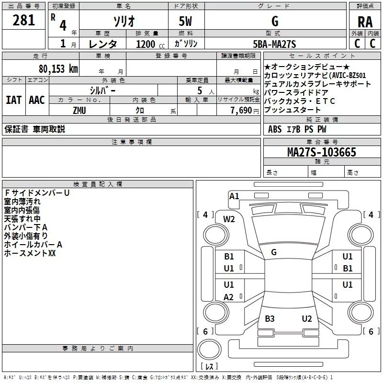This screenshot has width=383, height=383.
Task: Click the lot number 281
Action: click(23, 20)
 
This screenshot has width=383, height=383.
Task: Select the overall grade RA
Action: click(365, 22)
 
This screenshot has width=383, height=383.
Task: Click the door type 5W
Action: click(186, 22)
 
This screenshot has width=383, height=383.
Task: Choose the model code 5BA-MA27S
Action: click(274, 44)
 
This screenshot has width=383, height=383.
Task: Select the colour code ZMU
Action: click(79, 110)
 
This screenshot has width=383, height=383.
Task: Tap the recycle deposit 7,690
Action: click(241, 110)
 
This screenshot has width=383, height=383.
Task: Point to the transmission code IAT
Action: click(13, 100)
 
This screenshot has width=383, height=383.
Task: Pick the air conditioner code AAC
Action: click(37, 100)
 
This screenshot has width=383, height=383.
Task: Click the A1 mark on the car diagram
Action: click(234, 196)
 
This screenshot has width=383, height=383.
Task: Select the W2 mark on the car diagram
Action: click(229, 219)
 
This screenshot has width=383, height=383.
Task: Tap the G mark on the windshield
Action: click(274, 252)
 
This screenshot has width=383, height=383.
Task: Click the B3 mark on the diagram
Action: click(270, 318)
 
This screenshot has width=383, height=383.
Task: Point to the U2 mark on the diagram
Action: click(307, 318)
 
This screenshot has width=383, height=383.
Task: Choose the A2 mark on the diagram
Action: click(229, 297)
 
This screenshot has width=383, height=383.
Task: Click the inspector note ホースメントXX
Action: click(30, 253)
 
